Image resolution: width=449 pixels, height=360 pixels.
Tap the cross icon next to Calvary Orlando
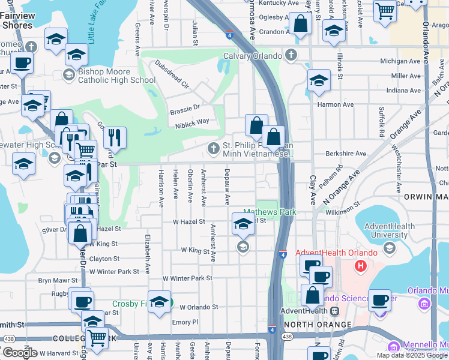tap(291, 56)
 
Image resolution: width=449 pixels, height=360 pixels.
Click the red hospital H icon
tap(361, 265)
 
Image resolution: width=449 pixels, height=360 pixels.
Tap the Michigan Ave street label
tap(401, 61)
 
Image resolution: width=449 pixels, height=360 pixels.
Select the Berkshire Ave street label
tap(346, 154)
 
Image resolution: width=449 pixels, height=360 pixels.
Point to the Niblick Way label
tap(192, 121)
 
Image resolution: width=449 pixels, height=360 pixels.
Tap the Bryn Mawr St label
tap(58, 280)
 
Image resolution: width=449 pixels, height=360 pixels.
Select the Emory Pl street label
tap(185, 322)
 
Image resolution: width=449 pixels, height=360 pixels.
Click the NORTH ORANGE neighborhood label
tap(318, 325)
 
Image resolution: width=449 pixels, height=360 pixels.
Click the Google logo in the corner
tap(20, 352)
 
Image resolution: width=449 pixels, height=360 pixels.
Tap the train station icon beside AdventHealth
tap(334, 311)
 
